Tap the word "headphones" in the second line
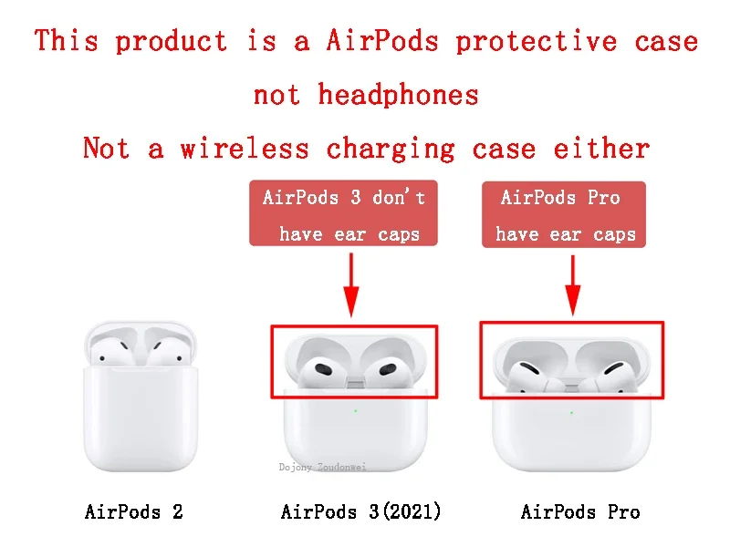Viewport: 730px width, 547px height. (x=398, y=94)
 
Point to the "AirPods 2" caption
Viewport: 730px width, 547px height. (x=134, y=511)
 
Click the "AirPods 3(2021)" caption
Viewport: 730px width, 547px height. (x=361, y=511)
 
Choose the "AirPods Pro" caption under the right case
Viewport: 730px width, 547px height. (x=580, y=511)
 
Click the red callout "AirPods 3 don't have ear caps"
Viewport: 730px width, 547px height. (x=344, y=215)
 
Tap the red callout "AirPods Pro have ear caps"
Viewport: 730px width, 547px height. (x=564, y=215)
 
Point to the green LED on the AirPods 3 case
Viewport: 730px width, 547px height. (x=355, y=410)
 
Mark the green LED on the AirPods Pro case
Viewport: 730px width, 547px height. (x=572, y=412)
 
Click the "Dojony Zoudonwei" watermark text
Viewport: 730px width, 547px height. (x=322, y=467)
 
